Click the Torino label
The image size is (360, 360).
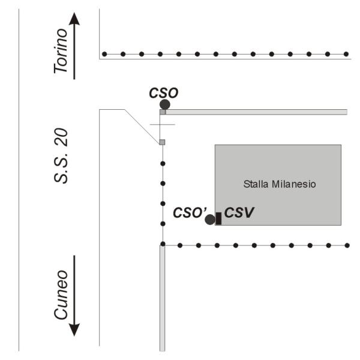pos(61,51)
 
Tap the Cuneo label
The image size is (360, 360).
pos(61,295)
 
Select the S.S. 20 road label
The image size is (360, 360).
pos(61,156)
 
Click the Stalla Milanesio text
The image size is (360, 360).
pos(280,184)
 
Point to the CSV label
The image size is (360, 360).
pos(239,212)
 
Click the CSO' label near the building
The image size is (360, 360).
pos(190,212)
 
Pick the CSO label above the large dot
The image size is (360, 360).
pos(164,93)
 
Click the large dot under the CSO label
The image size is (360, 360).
pos(165,104)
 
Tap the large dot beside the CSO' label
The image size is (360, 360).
pos(210,220)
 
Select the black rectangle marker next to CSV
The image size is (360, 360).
pos(218,218)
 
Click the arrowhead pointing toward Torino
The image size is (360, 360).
pos(74,19)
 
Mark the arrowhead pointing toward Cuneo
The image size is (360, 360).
pos(74,329)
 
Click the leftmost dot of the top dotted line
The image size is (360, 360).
pos(104,54)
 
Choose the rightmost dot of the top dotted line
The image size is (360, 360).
pos(346,54)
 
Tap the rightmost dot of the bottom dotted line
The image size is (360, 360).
pos(347,245)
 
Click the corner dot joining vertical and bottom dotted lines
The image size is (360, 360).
pos(163,244)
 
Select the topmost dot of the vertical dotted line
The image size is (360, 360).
pos(163,163)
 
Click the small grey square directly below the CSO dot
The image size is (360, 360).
pos(163,112)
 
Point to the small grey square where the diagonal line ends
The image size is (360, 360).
pos(162,142)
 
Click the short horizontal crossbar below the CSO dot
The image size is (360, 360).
pos(163,125)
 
